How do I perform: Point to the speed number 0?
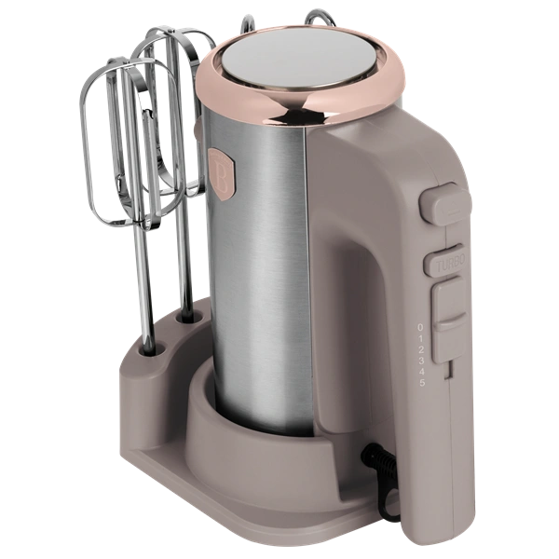(x=421, y=327)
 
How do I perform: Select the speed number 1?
(x=421, y=338)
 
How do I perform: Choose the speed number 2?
(x=421, y=349)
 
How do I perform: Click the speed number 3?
(x=421, y=361)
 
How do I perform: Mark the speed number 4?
(x=421, y=372)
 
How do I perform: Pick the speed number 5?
(x=421, y=383)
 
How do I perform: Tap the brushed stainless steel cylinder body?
(x=270, y=279)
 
